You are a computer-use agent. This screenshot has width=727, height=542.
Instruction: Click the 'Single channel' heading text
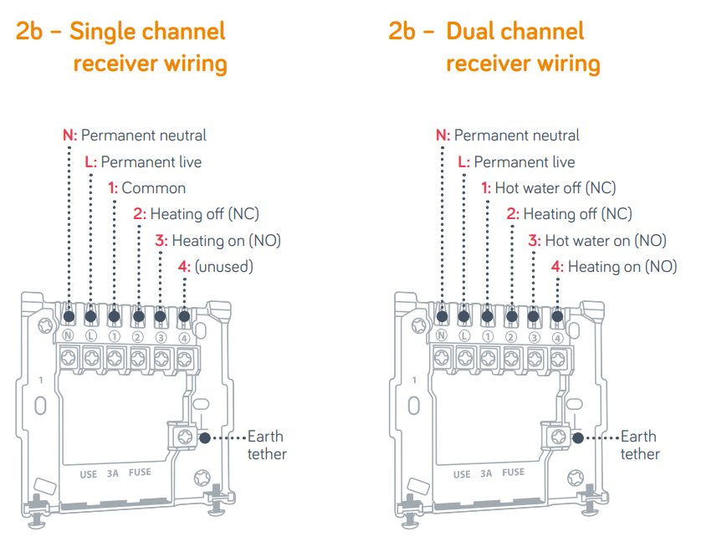(x=147, y=32)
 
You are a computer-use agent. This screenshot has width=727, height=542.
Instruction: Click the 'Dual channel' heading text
(x=515, y=32)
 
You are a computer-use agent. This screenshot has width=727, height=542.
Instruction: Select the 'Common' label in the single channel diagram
(x=153, y=187)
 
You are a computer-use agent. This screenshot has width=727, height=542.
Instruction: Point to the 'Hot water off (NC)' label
(x=555, y=187)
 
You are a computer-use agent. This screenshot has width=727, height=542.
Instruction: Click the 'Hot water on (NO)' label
(x=605, y=240)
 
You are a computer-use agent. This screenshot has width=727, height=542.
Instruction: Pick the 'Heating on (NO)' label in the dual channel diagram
(x=622, y=267)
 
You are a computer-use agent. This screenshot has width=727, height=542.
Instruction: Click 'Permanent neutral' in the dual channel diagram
(x=516, y=135)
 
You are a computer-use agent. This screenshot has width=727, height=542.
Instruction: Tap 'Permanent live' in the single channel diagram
(x=151, y=161)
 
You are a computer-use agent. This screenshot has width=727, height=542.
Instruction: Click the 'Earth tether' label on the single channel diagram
(x=266, y=445)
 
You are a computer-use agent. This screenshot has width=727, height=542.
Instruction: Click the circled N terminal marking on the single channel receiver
(x=68, y=336)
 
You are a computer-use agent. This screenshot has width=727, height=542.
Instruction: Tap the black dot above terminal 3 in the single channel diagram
(x=161, y=317)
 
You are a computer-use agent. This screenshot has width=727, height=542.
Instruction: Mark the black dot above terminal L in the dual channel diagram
(x=463, y=317)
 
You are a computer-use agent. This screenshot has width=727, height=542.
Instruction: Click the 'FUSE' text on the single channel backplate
(x=140, y=473)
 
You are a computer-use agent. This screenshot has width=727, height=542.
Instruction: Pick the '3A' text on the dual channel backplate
(x=486, y=473)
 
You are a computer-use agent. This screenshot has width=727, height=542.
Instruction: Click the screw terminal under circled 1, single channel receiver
(x=114, y=359)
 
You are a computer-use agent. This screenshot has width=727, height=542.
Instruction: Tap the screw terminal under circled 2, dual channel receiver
(x=510, y=359)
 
